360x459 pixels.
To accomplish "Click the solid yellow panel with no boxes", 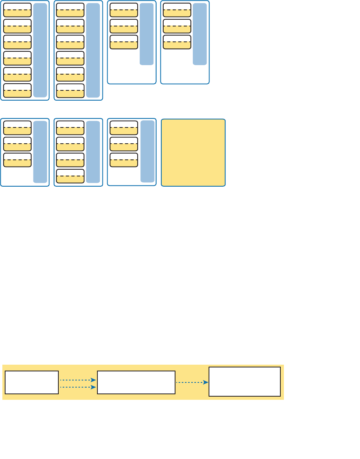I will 193,152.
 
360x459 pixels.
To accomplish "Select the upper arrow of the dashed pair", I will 78,380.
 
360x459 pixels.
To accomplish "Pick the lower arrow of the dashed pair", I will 78,388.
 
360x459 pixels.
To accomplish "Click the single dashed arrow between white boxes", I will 192,382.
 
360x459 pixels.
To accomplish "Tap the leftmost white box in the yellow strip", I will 32,382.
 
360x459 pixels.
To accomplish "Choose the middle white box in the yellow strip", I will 136,382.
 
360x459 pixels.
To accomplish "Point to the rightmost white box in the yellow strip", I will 244,381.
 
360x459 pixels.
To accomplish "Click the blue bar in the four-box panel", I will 93,152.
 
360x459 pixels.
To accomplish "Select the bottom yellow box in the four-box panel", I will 70,176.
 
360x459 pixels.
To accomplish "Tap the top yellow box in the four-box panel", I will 70,128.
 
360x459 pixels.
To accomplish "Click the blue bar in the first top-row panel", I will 40,50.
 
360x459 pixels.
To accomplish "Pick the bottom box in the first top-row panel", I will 17,90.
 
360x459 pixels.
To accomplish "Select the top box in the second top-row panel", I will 70,10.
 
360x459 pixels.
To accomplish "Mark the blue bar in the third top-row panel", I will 146,34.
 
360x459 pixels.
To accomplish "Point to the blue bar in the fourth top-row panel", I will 200,34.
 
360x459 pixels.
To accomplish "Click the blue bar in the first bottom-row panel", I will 40,152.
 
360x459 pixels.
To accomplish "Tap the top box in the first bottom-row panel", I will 17,128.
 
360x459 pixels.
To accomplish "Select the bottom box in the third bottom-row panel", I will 124,160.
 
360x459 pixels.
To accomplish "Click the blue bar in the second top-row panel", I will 93,50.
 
